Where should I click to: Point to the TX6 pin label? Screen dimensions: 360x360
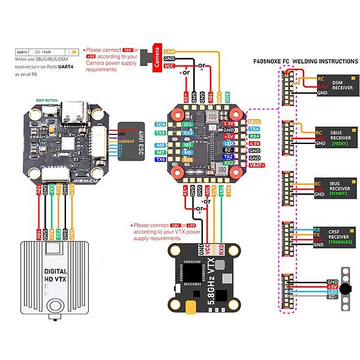click(160, 160)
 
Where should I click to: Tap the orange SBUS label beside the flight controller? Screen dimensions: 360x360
click(238, 121)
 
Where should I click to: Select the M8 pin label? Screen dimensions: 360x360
click(160, 145)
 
